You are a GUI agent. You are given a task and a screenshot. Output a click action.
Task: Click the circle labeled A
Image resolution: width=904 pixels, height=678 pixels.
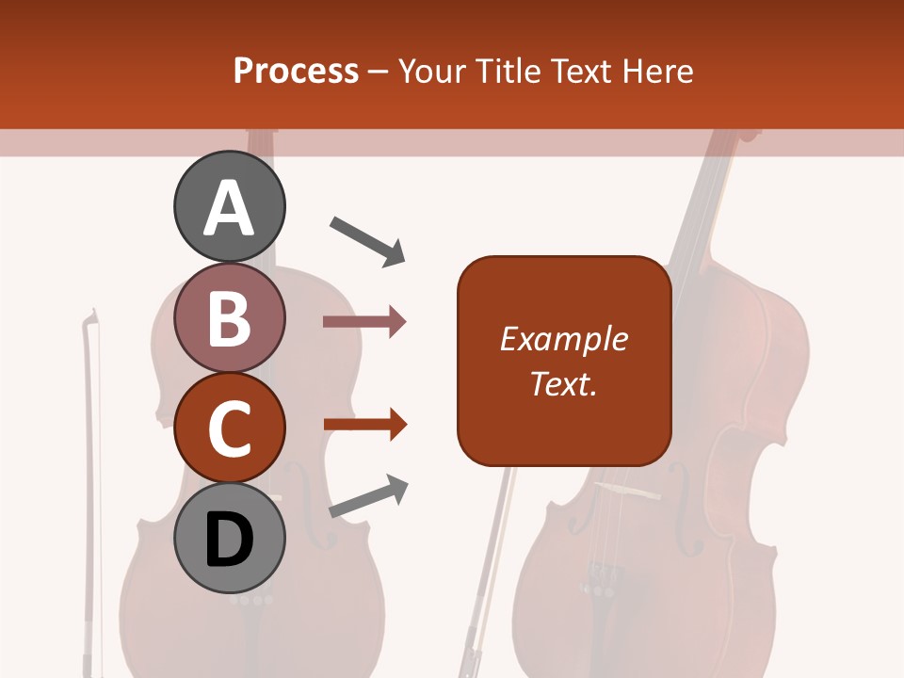click(230, 206)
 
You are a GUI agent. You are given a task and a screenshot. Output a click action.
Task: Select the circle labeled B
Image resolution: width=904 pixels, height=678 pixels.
click(230, 317)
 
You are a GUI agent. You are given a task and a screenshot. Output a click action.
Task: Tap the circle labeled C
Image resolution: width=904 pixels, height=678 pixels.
click(230, 428)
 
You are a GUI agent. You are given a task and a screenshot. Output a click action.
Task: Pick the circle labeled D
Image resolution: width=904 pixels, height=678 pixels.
click(230, 539)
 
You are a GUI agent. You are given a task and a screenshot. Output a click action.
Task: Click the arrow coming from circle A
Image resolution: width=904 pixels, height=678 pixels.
click(367, 241)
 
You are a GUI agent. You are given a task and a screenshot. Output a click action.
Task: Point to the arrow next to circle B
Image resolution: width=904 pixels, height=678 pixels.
click(364, 322)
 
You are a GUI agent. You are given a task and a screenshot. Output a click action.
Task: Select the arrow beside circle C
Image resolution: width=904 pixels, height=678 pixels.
click(364, 425)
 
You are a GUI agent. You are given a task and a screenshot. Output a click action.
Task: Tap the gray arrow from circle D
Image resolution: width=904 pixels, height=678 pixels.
click(368, 496)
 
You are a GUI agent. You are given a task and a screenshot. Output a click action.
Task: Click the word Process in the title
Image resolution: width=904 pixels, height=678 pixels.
click(296, 71)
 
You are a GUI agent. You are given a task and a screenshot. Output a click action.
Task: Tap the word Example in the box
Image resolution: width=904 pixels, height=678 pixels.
click(563, 339)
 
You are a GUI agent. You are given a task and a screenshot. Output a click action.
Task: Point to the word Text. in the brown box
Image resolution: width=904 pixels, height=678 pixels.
click(563, 383)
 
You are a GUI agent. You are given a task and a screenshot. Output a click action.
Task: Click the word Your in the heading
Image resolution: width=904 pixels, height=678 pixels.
click(430, 71)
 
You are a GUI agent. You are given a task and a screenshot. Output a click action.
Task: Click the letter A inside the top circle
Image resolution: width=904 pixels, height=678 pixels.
click(230, 208)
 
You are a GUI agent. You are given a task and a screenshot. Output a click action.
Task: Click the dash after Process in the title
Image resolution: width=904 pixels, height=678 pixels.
click(378, 73)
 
